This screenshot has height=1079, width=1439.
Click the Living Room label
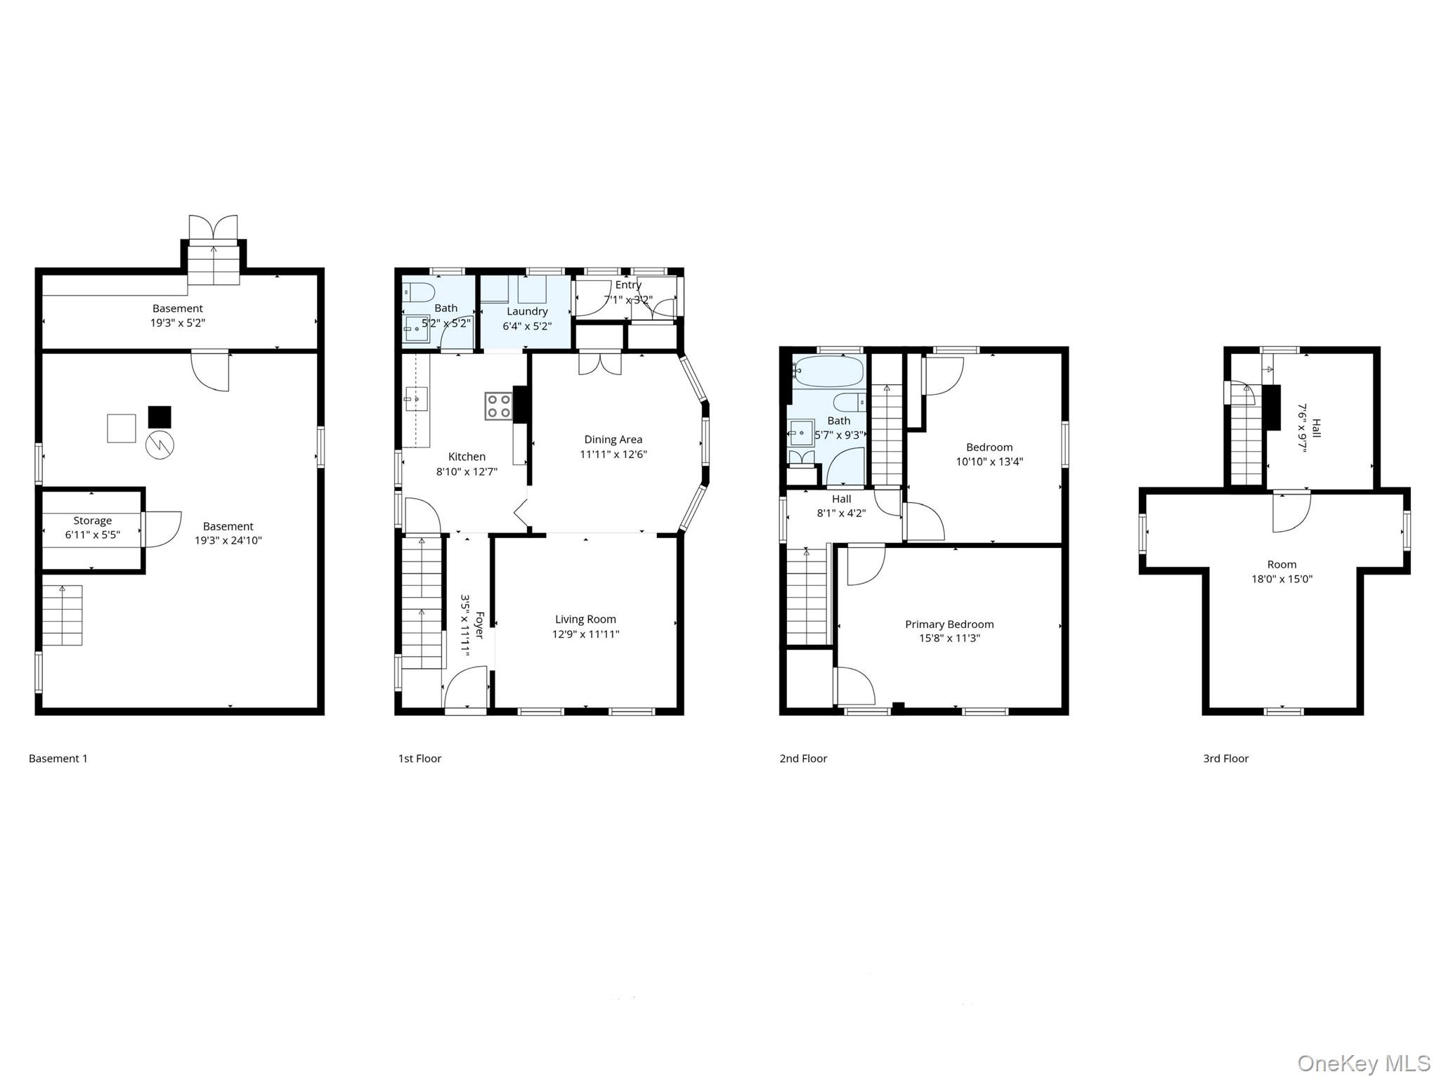585,619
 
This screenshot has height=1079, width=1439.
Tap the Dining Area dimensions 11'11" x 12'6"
613,455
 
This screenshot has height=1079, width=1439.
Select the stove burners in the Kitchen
498,406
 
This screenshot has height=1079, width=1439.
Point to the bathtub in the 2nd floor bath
828,371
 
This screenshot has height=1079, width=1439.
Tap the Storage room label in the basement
93,521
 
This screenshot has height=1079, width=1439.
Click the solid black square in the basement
159,417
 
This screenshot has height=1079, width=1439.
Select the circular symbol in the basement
159,445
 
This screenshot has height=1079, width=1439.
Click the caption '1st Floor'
419,759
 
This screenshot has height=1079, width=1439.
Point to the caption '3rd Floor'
1225,759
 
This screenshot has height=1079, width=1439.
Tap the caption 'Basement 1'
58,759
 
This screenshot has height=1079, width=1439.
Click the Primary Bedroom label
949,624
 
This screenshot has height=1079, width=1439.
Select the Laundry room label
527,311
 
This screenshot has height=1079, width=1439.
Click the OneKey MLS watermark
1363,1064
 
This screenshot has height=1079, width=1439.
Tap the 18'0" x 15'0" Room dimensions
1282,580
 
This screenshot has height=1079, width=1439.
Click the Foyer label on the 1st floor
480,624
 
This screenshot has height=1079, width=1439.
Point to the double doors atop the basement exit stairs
214,228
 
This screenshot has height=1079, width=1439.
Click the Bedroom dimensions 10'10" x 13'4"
989,462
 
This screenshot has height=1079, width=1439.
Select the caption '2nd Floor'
803,759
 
